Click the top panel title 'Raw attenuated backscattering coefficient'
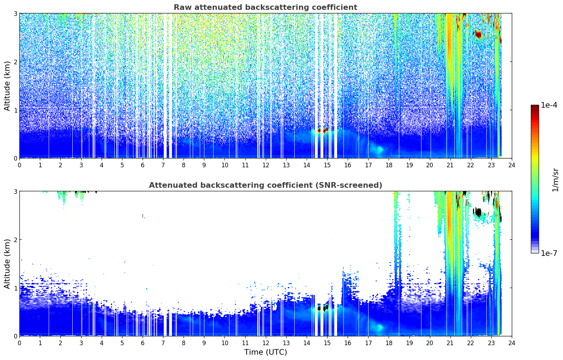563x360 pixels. click(265, 7)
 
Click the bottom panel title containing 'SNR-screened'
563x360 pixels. click(265, 185)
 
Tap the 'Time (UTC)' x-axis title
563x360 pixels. click(265, 352)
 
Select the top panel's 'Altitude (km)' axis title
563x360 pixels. click(7, 86)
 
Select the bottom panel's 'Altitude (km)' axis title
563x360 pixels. click(7, 264)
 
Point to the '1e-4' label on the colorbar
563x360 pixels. click(549, 105)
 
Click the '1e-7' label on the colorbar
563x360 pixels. click(549, 253)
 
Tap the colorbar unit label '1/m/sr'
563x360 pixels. click(556, 180)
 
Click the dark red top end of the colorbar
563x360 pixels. click(535, 107)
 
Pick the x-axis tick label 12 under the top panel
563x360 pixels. click(266, 165)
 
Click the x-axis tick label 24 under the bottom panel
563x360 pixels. click(512, 343)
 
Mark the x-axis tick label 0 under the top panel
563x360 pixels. click(20, 165)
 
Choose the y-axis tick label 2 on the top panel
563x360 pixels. click(15, 62)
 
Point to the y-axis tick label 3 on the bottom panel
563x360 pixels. click(15, 191)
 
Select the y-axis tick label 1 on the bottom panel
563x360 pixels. click(15, 288)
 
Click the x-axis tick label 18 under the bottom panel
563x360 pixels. click(389, 343)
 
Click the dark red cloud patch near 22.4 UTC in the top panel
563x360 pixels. click(478, 34)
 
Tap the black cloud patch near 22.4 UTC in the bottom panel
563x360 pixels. click(478, 213)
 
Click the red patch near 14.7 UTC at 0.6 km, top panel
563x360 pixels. click(323, 130)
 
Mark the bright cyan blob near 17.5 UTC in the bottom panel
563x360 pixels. click(379, 327)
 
